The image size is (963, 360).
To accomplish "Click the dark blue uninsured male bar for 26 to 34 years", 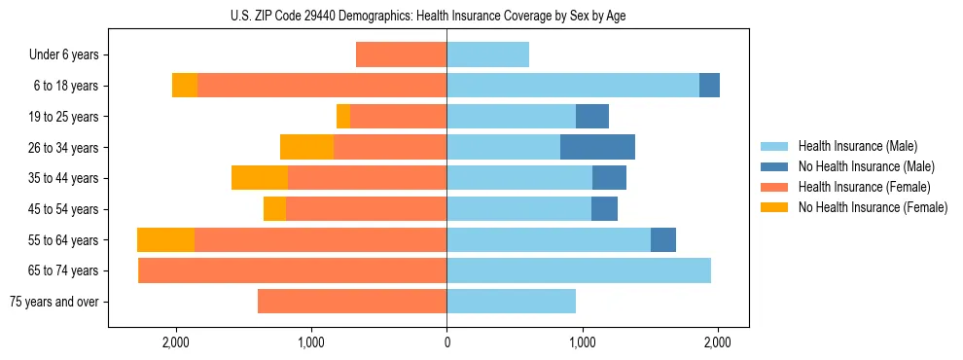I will (x=597, y=147).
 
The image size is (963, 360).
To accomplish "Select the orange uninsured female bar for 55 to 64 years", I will (x=165, y=240).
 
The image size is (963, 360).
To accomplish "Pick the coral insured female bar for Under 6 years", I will (x=401, y=54).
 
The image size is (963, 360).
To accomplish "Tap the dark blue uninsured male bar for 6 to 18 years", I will (x=709, y=86).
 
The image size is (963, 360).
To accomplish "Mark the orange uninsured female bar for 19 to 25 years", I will (x=342, y=117).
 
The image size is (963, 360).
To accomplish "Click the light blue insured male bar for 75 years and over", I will (x=511, y=302).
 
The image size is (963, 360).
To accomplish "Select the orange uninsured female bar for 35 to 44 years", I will (x=260, y=178).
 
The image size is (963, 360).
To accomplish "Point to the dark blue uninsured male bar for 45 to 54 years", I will (x=604, y=209).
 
